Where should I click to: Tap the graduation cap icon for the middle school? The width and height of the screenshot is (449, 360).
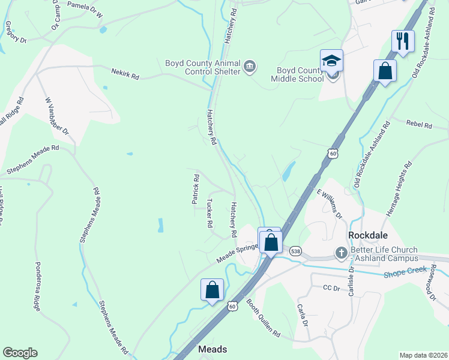click(x=331, y=61)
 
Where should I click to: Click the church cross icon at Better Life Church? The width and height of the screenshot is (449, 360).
click(x=341, y=253)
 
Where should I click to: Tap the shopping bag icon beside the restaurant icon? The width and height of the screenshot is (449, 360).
click(x=385, y=71)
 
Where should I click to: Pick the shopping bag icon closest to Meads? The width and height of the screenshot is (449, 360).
click(x=212, y=290)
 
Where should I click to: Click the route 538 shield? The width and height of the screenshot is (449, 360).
click(x=295, y=250)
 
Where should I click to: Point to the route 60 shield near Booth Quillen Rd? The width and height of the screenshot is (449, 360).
click(x=232, y=306)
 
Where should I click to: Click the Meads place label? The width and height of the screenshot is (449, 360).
click(x=212, y=349)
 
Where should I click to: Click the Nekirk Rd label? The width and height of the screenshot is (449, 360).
click(x=125, y=73)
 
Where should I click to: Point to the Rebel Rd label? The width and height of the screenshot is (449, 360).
click(x=419, y=125)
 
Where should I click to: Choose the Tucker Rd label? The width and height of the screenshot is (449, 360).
click(x=209, y=213)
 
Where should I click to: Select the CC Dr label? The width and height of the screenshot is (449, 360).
click(x=328, y=289)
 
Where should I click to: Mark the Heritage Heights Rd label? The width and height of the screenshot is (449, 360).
click(x=397, y=188)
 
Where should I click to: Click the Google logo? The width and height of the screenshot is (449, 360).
click(x=20, y=353)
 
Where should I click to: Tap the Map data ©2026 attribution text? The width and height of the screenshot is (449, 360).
click(x=423, y=355)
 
